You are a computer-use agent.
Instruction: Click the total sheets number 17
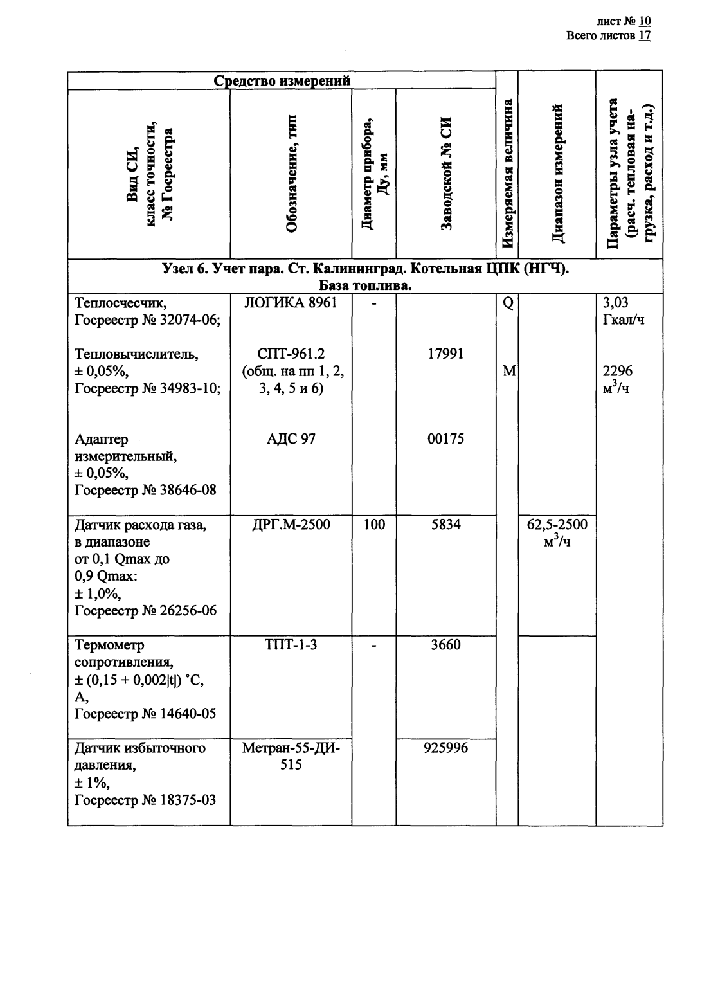pyautogui.click(x=645, y=35)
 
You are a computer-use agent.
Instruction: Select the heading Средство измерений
pyautogui.click(x=282, y=81)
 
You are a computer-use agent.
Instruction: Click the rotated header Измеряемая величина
pyautogui.click(x=507, y=174)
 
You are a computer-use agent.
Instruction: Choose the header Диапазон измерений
pyautogui.click(x=557, y=174)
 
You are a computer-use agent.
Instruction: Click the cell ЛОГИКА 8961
pyautogui.click(x=291, y=303)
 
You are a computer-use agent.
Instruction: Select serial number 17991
pyautogui.click(x=446, y=354)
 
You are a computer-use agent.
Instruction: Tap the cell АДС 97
pyautogui.click(x=291, y=439)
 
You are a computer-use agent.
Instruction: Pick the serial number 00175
pyautogui.click(x=446, y=439)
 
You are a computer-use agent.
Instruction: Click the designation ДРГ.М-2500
pyautogui.click(x=291, y=525)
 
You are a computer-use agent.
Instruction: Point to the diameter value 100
pyautogui.click(x=374, y=525)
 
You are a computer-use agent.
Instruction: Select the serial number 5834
pyautogui.click(x=446, y=525)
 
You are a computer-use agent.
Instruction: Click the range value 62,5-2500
pyautogui.click(x=557, y=525)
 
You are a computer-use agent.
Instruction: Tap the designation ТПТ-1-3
pyautogui.click(x=291, y=645)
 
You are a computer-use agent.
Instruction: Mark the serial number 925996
pyautogui.click(x=446, y=748)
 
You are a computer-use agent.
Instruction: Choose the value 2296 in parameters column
pyautogui.click(x=617, y=371)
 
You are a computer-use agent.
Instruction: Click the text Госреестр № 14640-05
pyautogui.click(x=145, y=714)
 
